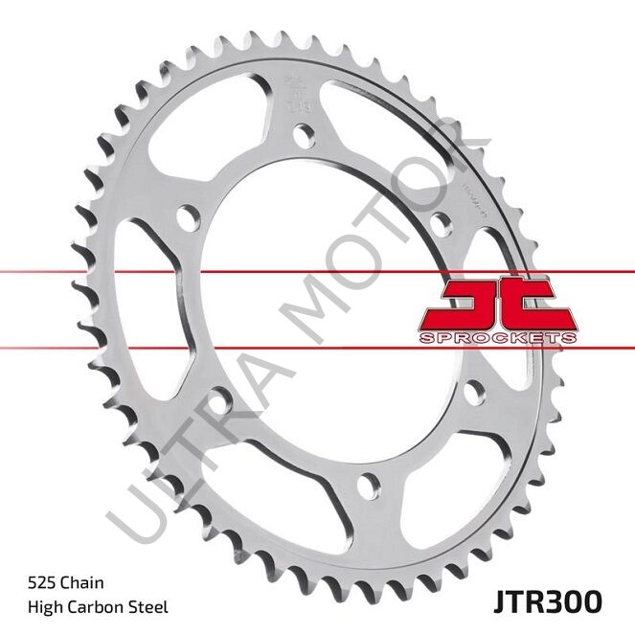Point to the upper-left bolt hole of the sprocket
[x=189, y=214]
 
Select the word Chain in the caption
[x=86, y=581]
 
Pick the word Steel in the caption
[x=149, y=606]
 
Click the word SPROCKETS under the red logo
[x=498, y=338]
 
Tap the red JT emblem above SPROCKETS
[x=498, y=304]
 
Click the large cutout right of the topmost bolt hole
[x=378, y=125]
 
